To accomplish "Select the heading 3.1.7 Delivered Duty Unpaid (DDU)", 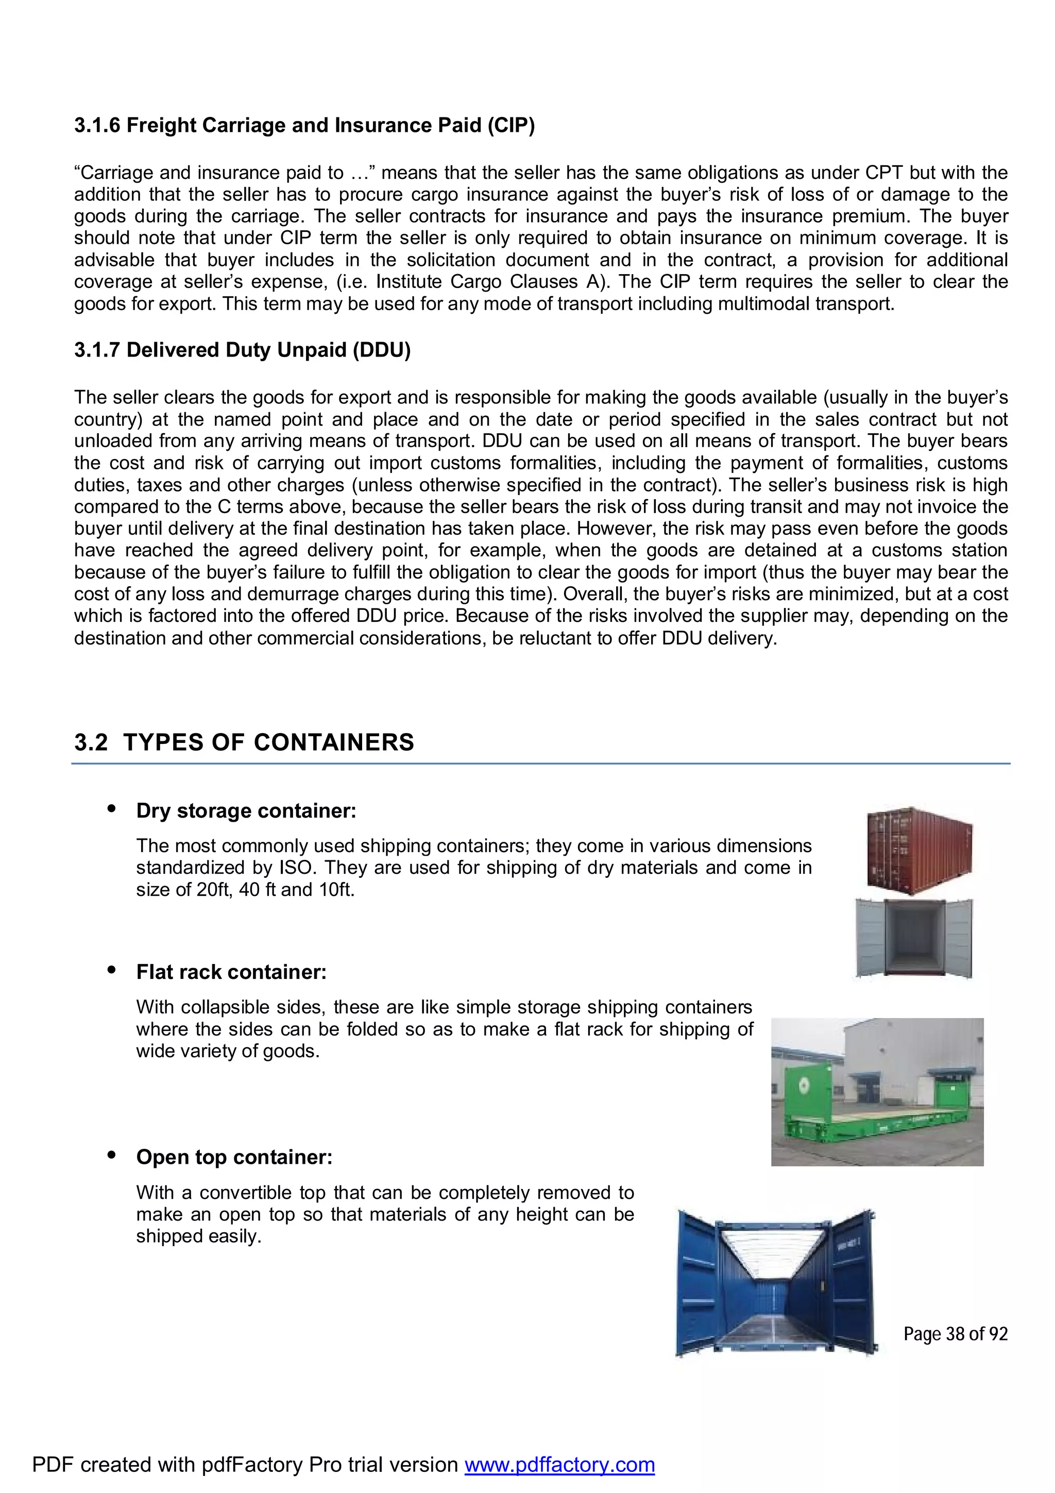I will coord(242,350).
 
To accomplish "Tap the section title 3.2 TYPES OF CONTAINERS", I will coord(244,742).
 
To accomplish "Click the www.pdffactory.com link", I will coord(559,1464).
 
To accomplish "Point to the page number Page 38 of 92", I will coord(955,1334).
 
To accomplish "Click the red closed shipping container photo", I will coord(920,851).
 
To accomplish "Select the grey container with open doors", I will coord(914,938).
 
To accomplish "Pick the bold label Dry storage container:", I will coord(246,811).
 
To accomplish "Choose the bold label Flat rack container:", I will coord(231,972).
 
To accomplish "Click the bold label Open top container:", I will coord(234,1158).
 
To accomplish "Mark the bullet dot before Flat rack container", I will coord(111,971).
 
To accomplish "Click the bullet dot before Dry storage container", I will coord(111,809).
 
